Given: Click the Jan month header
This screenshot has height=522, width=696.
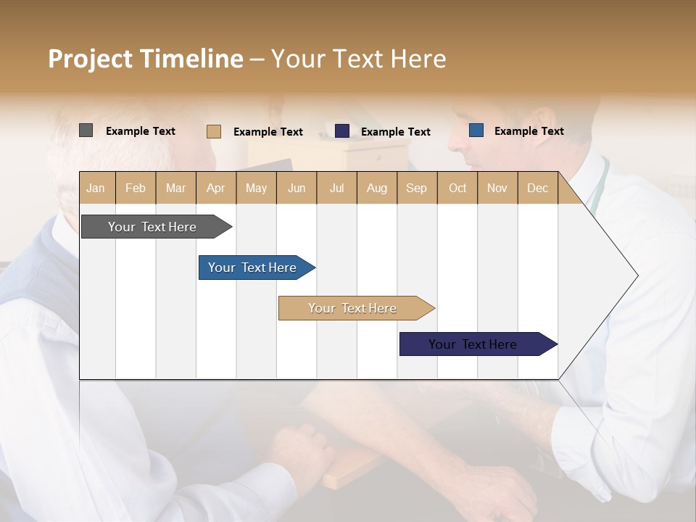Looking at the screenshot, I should [x=96, y=188].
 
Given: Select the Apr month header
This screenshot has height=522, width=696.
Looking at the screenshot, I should [x=215, y=188].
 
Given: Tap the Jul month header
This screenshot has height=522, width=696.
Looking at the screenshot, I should [x=336, y=188].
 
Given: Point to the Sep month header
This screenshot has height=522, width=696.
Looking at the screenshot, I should [x=416, y=188].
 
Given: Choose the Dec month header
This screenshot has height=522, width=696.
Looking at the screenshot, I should [x=537, y=188].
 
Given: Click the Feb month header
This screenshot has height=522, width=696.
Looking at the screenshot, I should [x=136, y=188].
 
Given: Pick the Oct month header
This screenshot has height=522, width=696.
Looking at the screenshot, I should [x=457, y=188].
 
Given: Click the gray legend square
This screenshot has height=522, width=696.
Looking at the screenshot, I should [x=86, y=130].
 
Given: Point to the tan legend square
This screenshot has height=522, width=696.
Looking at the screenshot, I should [x=213, y=131].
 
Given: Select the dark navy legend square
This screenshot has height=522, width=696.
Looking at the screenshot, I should [x=342, y=131].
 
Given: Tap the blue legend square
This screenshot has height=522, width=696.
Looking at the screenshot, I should [x=476, y=130].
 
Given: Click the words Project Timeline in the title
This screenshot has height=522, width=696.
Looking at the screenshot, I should [x=146, y=59].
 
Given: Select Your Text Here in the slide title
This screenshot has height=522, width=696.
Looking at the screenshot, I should [x=359, y=59].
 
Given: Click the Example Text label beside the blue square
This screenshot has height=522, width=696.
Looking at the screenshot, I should [x=529, y=131].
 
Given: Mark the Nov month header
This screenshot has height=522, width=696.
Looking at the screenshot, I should [x=497, y=188].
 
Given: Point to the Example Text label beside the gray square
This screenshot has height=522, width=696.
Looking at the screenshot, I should [x=141, y=131].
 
